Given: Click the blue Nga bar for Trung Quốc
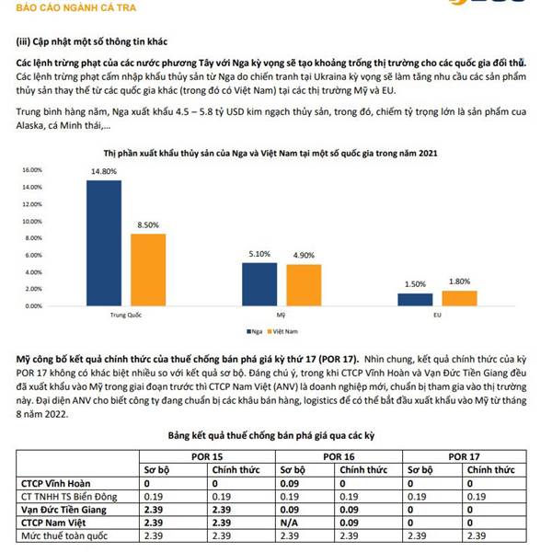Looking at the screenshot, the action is point(104,243).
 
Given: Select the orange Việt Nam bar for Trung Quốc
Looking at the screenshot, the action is point(148,270).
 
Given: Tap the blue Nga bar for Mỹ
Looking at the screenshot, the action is point(259,284).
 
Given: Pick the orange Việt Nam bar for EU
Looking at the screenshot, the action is point(459,298).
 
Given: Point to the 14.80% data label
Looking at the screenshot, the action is point(104,171).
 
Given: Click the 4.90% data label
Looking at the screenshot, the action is point(304,255).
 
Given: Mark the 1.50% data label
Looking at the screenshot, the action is point(415,284).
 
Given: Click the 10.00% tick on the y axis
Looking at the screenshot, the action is point(32,222).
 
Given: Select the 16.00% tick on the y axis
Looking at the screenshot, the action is point(32,170).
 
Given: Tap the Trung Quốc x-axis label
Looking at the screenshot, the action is point(126,315).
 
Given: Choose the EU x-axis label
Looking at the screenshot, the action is point(437,315).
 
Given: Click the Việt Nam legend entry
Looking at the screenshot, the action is point(282,331).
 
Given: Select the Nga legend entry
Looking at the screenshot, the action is point(254,331).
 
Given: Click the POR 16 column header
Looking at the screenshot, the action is point(339,457).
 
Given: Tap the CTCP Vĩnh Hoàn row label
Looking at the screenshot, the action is point(55,484).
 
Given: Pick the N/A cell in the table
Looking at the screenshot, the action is point(289,523).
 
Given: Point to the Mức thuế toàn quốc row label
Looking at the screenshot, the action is point(64,536).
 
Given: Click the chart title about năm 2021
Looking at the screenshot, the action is point(270,154).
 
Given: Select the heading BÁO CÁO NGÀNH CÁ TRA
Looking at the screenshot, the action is point(76,7).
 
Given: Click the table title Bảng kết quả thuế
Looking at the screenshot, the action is point(271,436).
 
